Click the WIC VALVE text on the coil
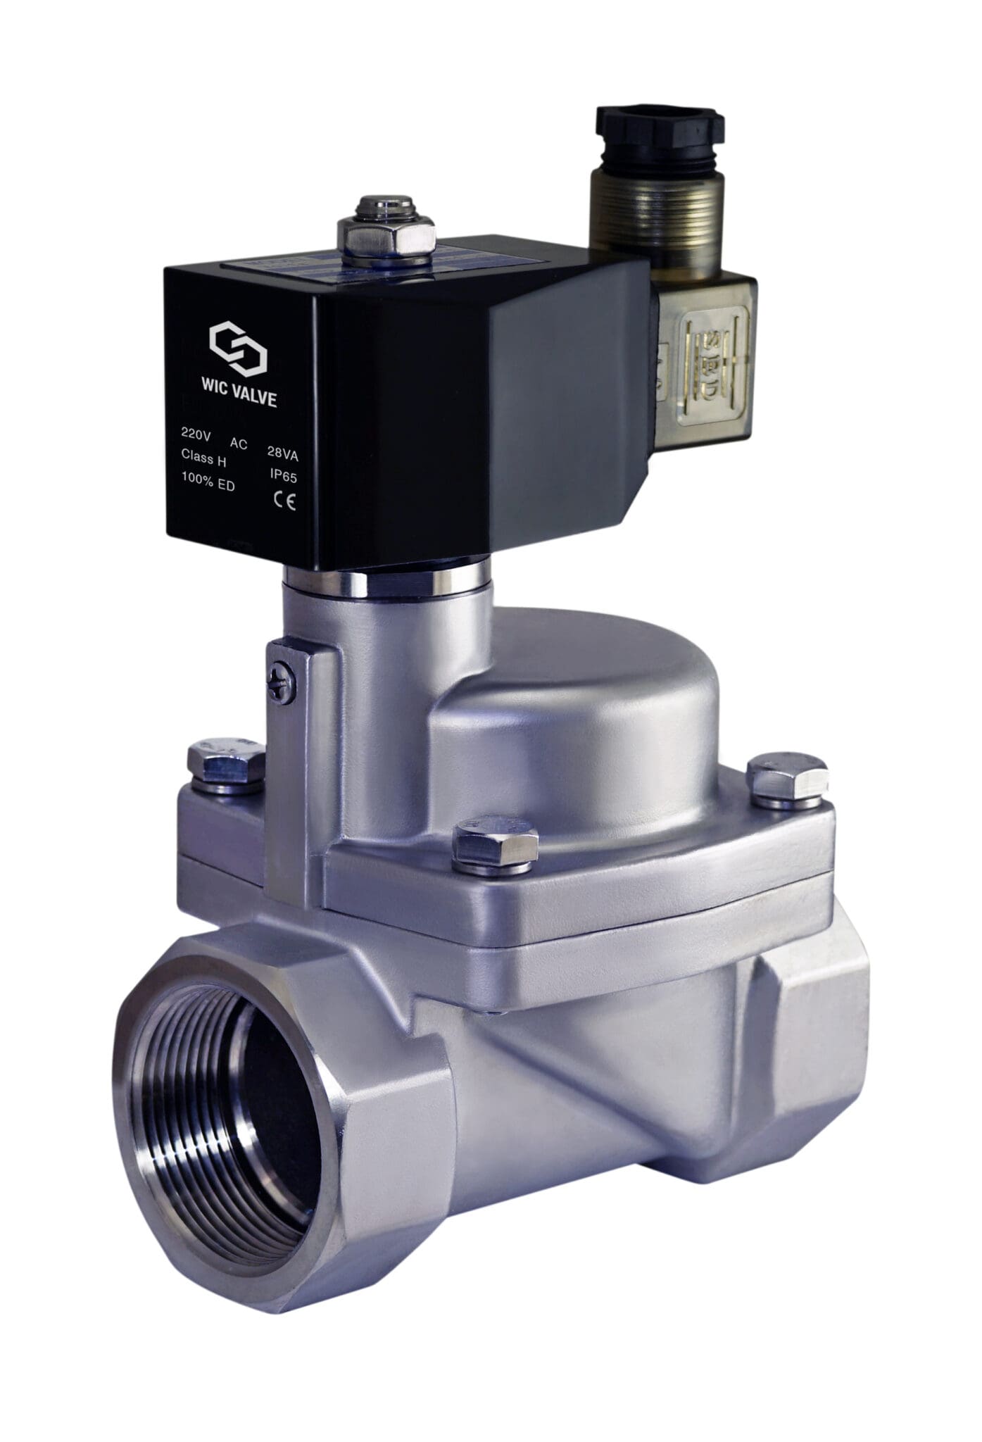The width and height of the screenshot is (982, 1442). point(239,400)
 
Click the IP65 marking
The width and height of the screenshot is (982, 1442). point(284,475)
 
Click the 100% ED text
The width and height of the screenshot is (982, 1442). point(208,486)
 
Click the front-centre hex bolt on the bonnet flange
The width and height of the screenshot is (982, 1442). point(496,843)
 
